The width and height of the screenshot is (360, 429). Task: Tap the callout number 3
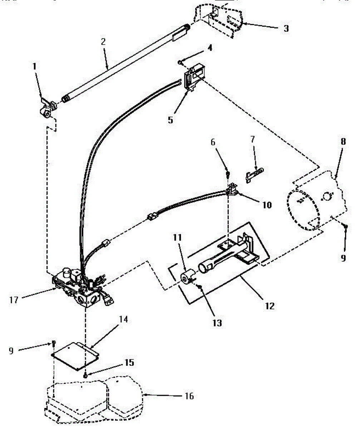coord(286,29)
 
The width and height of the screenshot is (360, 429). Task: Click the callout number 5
coord(171,120)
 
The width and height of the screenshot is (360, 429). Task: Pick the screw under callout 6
coord(228,174)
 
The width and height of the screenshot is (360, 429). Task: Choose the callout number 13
coord(217,323)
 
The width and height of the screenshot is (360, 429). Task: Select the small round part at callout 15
coord(86,375)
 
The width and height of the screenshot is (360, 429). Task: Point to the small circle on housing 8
coord(327,196)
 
